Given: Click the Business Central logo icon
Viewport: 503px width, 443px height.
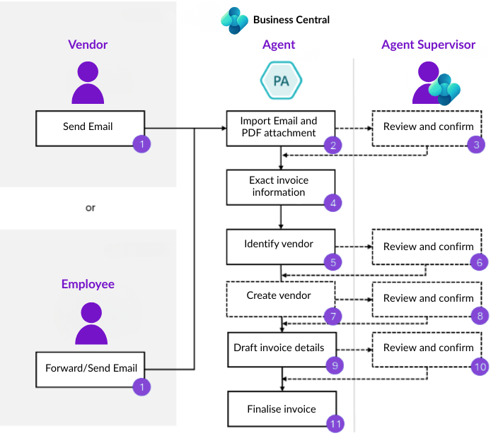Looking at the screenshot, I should (x=234, y=20).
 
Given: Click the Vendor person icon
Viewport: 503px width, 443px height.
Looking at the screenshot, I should (x=88, y=83).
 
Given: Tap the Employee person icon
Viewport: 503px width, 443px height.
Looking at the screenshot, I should (x=91, y=323).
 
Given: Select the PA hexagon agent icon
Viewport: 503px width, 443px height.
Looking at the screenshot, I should (x=281, y=81).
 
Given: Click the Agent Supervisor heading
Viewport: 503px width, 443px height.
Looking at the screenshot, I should (x=428, y=45).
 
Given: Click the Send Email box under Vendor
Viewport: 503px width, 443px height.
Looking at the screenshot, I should (x=90, y=128).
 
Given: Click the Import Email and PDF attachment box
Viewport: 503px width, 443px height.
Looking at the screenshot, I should (x=281, y=127).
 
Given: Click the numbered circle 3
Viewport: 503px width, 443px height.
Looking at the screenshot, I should (x=477, y=145).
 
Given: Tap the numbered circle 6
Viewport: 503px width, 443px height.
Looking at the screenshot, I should (x=479, y=262).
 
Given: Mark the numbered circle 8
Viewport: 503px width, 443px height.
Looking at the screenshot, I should (x=480, y=316).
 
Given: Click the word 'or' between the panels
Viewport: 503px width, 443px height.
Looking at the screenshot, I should (x=90, y=208).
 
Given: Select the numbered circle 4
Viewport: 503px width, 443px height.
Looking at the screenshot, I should (x=333, y=202).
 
